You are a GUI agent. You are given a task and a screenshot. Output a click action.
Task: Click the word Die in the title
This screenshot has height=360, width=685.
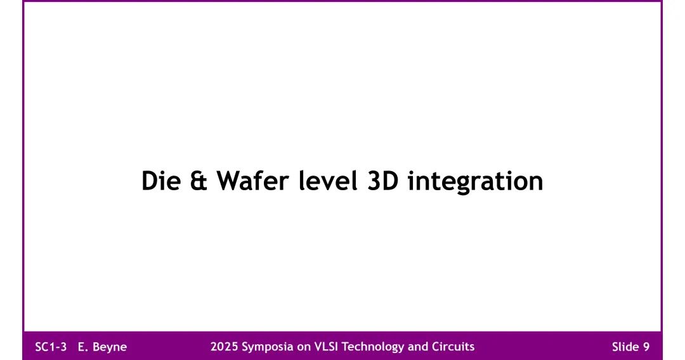click(160, 181)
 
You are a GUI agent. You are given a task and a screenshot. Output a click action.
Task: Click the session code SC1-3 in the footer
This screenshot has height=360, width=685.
click(51, 347)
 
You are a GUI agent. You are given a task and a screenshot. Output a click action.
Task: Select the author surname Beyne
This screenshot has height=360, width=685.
click(110, 347)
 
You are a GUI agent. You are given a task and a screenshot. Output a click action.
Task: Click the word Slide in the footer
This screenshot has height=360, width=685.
click(625, 347)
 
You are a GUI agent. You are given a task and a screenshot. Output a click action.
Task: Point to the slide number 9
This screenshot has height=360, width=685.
click(646, 347)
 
